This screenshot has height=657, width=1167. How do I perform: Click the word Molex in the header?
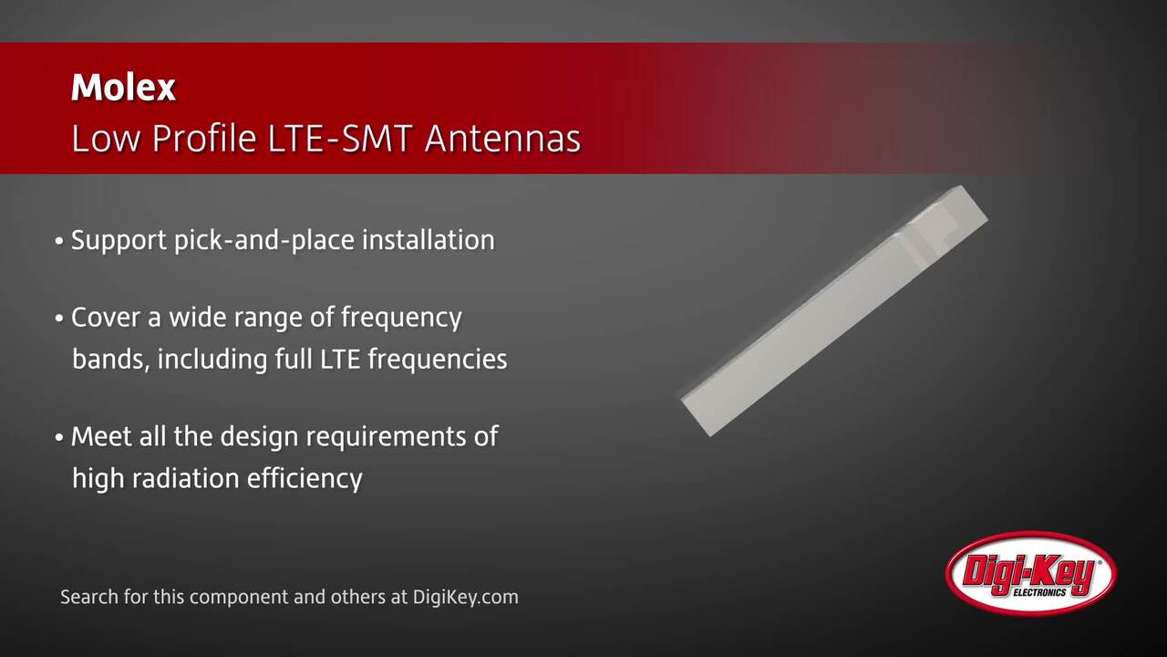tap(123, 88)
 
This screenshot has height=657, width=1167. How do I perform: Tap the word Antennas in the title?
tap(502, 140)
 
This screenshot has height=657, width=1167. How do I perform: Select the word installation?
tap(428, 240)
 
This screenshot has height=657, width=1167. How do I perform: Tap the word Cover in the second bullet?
tap(105, 318)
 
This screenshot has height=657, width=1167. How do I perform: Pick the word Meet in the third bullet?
tap(101, 436)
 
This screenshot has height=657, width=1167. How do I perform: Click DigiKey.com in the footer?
tap(465, 598)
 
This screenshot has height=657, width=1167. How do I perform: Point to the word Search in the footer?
tap(88, 598)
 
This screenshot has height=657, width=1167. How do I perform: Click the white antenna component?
tap(834, 310)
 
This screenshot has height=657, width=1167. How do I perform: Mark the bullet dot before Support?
tap(59, 242)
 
